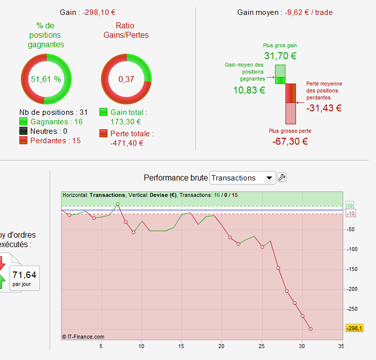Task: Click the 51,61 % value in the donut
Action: point(46,79)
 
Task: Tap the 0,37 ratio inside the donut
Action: point(126,79)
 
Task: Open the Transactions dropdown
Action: point(243,178)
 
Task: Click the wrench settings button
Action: point(282,177)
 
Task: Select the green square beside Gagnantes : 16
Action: point(23,122)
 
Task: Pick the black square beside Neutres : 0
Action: point(23,131)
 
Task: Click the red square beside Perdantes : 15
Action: point(23,141)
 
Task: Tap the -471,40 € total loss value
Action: point(126,143)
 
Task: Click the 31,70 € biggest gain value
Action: point(280,56)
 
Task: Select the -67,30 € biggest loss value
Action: point(290,141)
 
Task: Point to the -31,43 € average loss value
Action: point(324,107)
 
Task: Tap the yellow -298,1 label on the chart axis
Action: point(354,328)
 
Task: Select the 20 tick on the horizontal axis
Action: point(222,346)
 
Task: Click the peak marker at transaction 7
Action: point(118,204)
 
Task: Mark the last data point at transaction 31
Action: point(310,329)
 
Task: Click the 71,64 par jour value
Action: point(24,274)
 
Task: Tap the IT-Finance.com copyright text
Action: point(83,337)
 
